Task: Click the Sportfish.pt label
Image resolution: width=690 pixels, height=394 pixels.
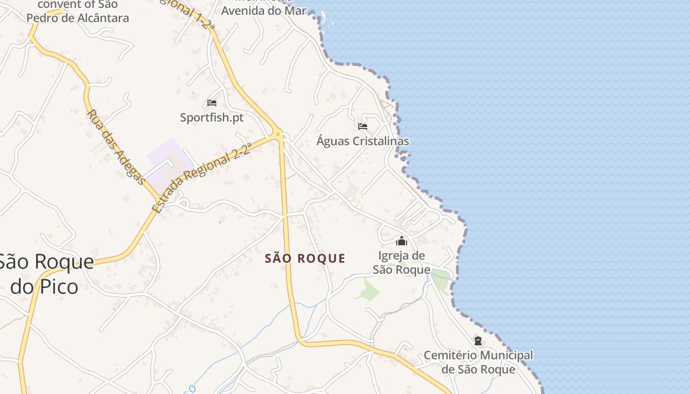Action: [211, 118]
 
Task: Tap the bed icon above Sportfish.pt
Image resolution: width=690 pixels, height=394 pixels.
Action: [212, 103]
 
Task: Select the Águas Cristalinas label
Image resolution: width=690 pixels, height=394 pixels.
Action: [362, 141]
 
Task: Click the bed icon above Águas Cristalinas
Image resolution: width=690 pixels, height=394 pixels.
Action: [363, 127]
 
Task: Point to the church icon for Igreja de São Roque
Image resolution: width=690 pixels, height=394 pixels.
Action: [402, 241]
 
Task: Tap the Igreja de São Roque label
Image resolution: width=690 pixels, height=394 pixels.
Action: [401, 263]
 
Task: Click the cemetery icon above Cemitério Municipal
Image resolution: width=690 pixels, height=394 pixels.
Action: [478, 340]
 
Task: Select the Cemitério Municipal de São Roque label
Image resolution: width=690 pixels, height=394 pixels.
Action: [478, 362]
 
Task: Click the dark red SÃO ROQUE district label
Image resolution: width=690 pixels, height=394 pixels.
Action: [305, 259]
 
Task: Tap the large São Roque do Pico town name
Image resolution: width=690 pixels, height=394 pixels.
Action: [45, 274]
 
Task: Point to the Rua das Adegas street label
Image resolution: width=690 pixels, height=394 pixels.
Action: [116, 147]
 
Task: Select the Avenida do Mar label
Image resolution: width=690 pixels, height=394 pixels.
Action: [264, 10]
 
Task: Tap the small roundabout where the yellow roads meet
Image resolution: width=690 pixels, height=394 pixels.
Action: [278, 133]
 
